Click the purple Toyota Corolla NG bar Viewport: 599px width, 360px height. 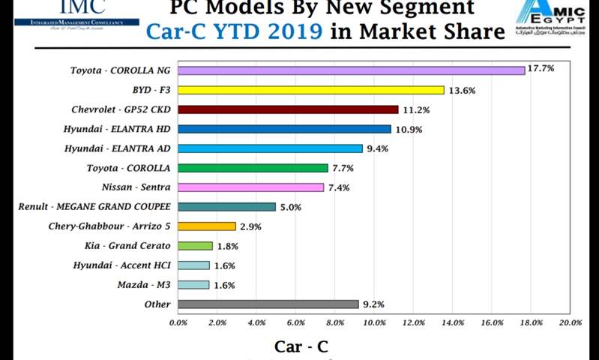tap(351, 70)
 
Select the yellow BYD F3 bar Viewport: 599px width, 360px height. tap(311, 90)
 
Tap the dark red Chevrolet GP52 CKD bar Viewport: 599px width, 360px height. tap(288, 109)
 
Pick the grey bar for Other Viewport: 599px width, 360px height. tap(268, 304)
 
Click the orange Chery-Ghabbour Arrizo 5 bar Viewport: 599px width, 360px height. tap(207, 226)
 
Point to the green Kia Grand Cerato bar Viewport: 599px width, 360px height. tap(196, 246)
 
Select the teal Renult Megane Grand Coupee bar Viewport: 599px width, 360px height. tap(227, 207)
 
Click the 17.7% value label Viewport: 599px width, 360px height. tap(541, 68)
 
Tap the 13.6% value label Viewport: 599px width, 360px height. tap(462, 90)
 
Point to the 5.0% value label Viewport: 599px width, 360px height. tap(290, 207)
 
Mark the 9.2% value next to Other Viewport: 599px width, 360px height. tap(373, 304)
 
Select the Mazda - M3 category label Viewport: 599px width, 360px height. tap(144, 284)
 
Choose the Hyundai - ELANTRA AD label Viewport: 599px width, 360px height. tap(118, 148)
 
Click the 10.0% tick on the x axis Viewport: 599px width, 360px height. tap(374, 322)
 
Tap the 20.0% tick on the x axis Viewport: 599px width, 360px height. tap(571, 322)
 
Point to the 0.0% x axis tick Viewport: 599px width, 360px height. tap(178, 322)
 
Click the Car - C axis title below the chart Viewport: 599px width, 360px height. tap(301, 346)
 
